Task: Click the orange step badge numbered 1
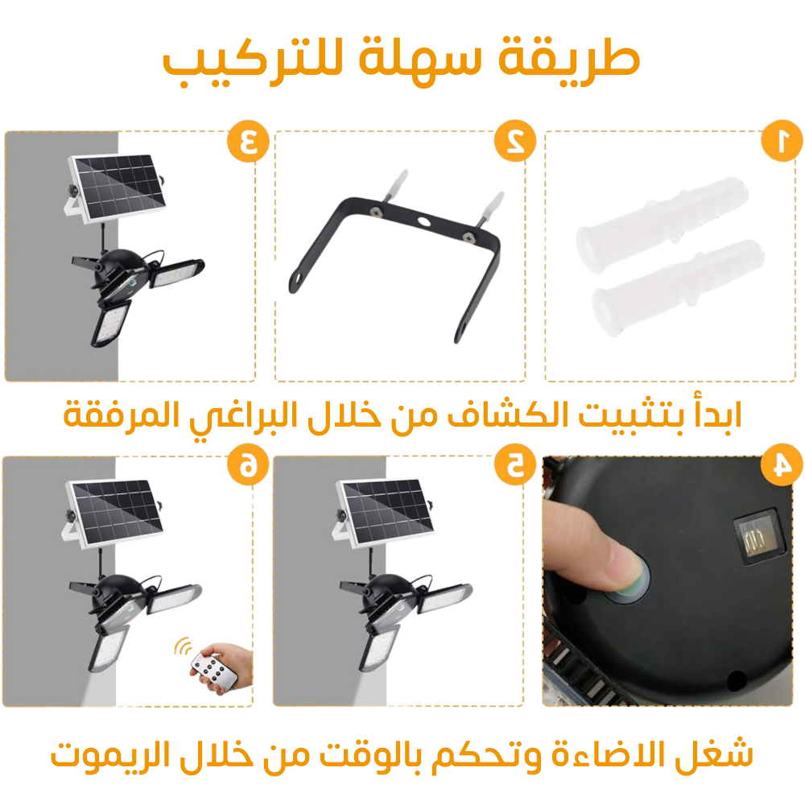(x=782, y=141)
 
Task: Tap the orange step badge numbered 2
(x=515, y=141)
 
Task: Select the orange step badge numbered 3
(x=249, y=141)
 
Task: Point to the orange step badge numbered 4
(x=782, y=464)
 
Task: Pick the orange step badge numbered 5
(x=515, y=464)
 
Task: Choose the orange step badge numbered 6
(x=249, y=464)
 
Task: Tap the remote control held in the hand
(x=214, y=670)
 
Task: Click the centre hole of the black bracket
(x=424, y=222)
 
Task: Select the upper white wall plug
(x=662, y=218)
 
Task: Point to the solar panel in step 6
(x=115, y=512)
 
